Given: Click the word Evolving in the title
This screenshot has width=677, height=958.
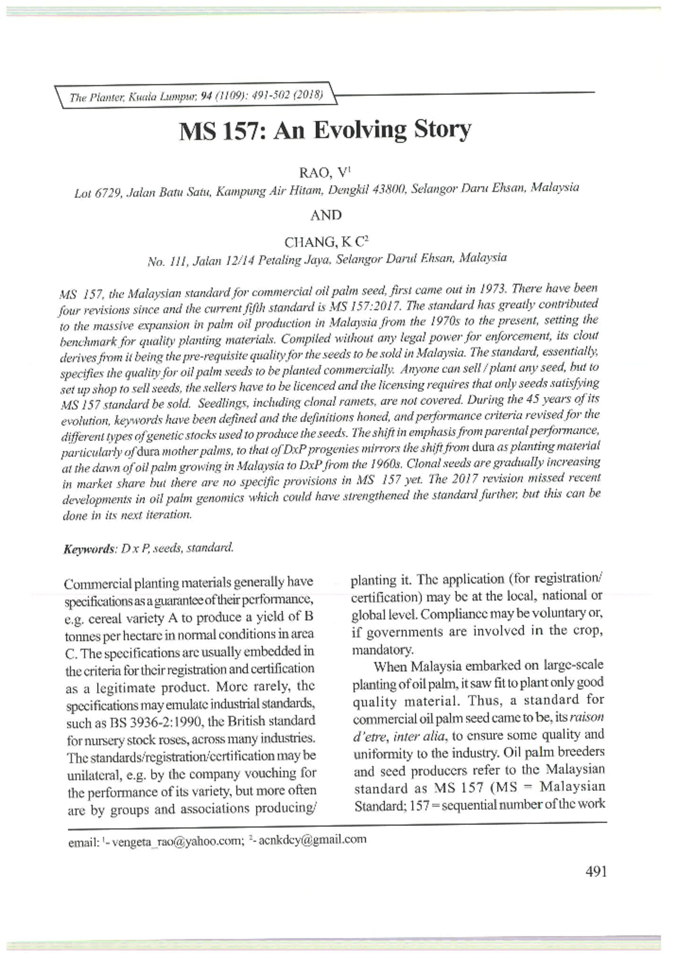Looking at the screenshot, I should click(x=361, y=130).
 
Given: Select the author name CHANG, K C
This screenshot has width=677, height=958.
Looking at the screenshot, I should click(x=326, y=242).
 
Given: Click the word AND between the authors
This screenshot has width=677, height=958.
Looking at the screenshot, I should click(x=326, y=215).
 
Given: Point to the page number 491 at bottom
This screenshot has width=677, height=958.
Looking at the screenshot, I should click(x=596, y=872).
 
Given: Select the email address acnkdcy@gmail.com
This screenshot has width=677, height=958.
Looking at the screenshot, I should click(x=312, y=840).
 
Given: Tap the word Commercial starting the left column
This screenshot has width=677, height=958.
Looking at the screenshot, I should click(x=97, y=583).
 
